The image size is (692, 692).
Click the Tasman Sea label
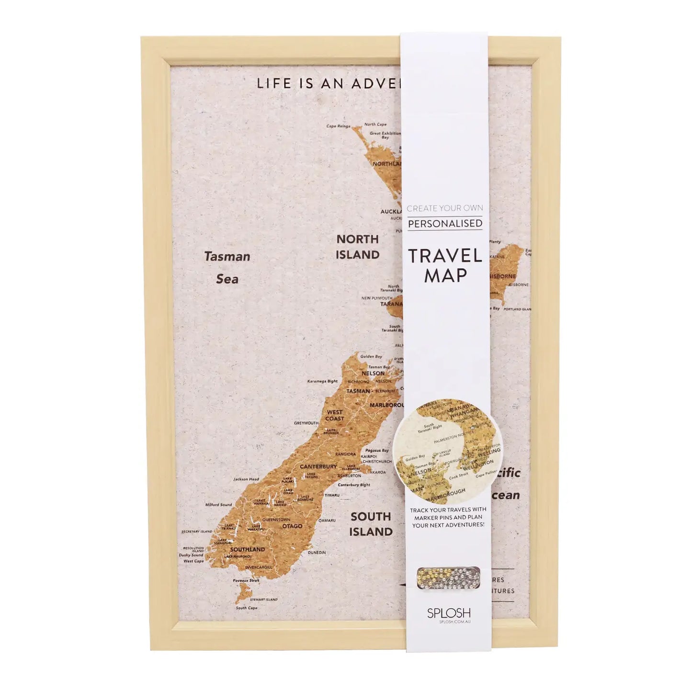pyautogui.click(x=227, y=267)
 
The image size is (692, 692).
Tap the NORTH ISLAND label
pyautogui.click(x=357, y=247)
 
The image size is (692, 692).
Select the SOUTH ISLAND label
pyautogui.click(x=371, y=524)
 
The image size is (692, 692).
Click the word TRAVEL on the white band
pyautogui.click(x=445, y=256)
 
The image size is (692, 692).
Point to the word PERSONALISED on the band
pyautogui.click(x=445, y=223)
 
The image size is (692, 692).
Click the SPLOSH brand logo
pyautogui.click(x=448, y=613)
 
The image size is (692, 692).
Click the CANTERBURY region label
pyautogui.click(x=318, y=466)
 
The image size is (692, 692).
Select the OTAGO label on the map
pyautogui.click(x=292, y=526)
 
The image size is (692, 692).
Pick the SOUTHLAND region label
pyautogui.click(x=247, y=549)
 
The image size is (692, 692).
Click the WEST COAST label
pyautogui.click(x=335, y=415)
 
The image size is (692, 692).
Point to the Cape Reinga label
pyautogui.click(x=338, y=126)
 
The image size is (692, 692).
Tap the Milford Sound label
pyautogui.click(x=218, y=505)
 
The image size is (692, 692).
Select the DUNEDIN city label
pyautogui.click(x=317, y=553)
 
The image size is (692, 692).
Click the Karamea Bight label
pyautogui.click(x=322, y=382)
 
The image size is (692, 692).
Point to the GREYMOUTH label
pyautogui.click(x=306, y=423)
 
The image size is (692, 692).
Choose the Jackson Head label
pyautogui.click(x=246, y=479)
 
